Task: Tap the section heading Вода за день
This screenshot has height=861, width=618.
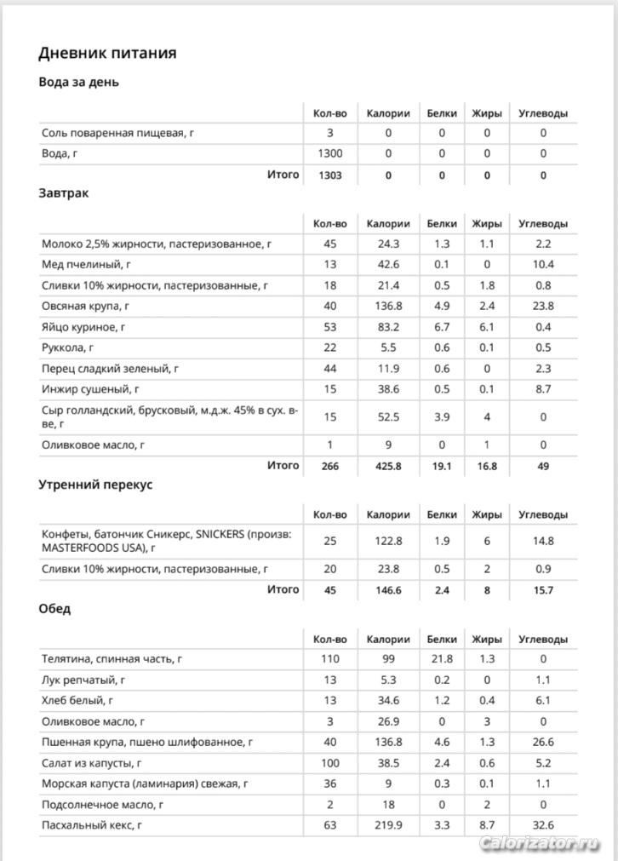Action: click(79, 83)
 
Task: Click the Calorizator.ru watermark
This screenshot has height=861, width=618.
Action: click(540, 843)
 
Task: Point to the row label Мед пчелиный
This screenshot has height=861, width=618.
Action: click(87, 265)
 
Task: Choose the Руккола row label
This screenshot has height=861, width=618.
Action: click(68, 347)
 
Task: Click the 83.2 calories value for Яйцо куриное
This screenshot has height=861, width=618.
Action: click(388, 327)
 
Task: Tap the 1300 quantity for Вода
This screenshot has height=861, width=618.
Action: click(329, 154)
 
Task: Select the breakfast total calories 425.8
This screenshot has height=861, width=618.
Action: click(388, 466)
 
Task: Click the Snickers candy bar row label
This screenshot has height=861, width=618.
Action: click(167, 541)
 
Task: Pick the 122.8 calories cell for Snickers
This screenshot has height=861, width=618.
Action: click(388, 541)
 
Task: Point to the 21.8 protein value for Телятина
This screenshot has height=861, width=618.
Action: click(442, 659)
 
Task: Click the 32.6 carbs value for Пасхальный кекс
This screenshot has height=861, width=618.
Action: click(543, 825)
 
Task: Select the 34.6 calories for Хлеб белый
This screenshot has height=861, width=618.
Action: click(388, 700)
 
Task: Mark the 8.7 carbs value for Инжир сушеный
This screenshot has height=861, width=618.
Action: click(543, 389)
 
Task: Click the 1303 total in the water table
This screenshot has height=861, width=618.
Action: click(329, 175)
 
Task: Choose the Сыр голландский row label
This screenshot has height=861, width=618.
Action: click(170, 416)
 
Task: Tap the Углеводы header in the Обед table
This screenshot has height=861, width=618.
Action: click(543, 640)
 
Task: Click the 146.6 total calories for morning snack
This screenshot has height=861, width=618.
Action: click(388, 589)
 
